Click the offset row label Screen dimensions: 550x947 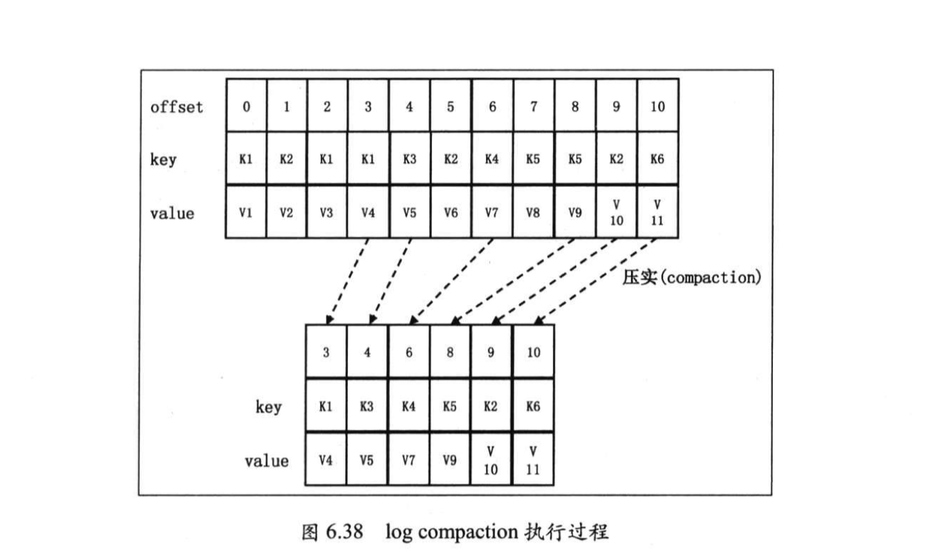point(176,107)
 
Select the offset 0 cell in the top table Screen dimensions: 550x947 point(246,107)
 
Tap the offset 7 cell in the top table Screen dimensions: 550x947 point(533,107)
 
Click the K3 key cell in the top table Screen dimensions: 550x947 point(409,160)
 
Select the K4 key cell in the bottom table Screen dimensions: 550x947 point(409,406)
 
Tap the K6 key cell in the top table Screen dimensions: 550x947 point(657,160)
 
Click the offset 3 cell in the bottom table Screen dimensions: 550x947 point(326,352)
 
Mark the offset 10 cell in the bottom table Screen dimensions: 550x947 point(533,352)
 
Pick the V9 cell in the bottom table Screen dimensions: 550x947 point(450,459)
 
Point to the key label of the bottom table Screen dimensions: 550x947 point(268,407)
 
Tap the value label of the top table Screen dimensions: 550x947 point(172,214)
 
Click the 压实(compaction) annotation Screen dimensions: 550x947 point(691,278)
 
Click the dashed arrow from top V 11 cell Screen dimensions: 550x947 point(596,281)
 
